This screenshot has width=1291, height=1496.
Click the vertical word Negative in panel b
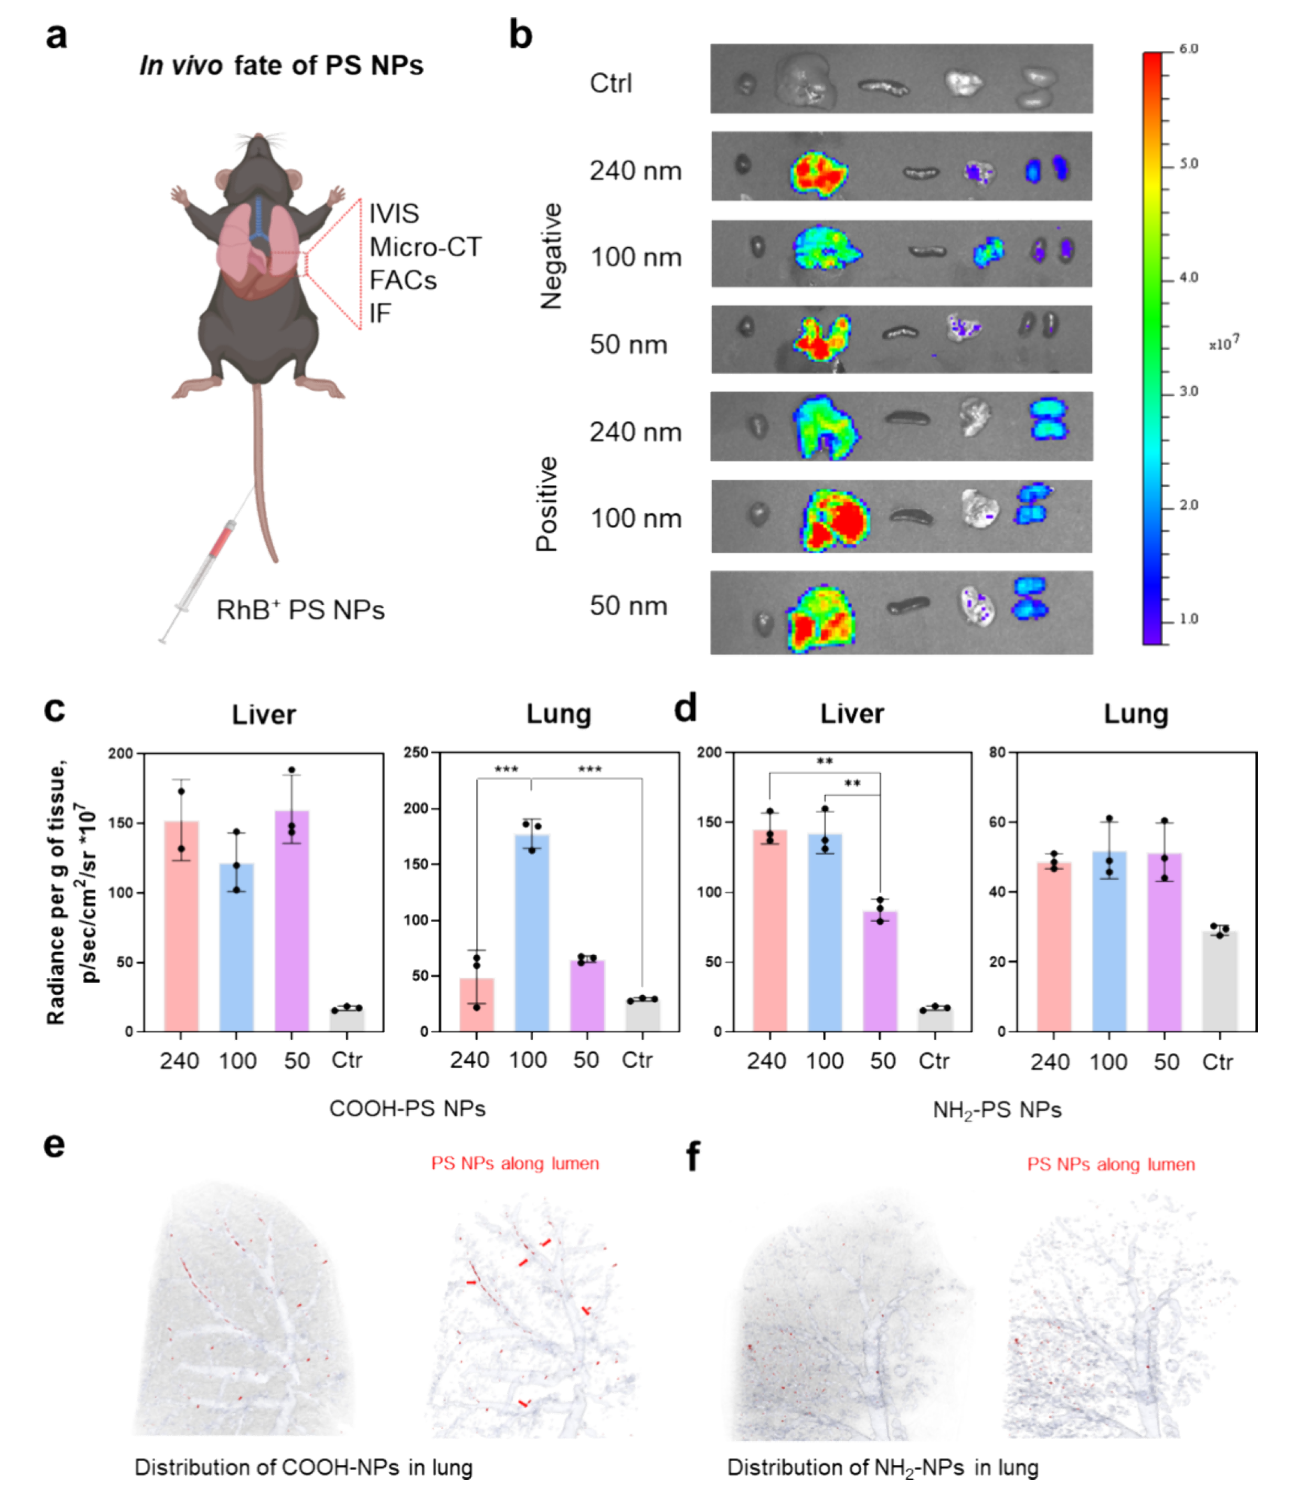[551, 256]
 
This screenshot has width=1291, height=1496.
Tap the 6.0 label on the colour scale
[1188, 49]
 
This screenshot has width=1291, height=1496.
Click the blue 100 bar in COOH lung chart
[532, 931]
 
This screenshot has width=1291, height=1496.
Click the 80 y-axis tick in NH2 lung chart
[997, 752]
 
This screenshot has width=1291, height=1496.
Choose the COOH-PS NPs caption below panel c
[407, 1108]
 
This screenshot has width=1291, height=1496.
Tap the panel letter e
[54, 1145]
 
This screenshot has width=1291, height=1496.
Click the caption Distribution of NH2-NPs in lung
[883, 1467]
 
